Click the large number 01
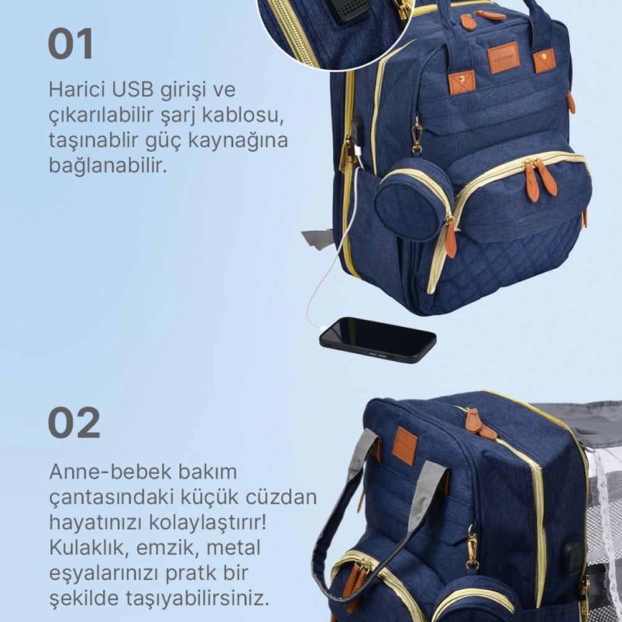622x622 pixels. (71, 44)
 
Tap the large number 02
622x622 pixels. (74, 423)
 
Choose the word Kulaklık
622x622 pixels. (89, 548)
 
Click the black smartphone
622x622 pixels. (378, 340)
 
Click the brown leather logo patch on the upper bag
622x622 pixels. (504, 57)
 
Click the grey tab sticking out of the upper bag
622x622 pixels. (317, 239)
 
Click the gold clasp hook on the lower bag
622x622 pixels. (472, 546)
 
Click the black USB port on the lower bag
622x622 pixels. (572, 558)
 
